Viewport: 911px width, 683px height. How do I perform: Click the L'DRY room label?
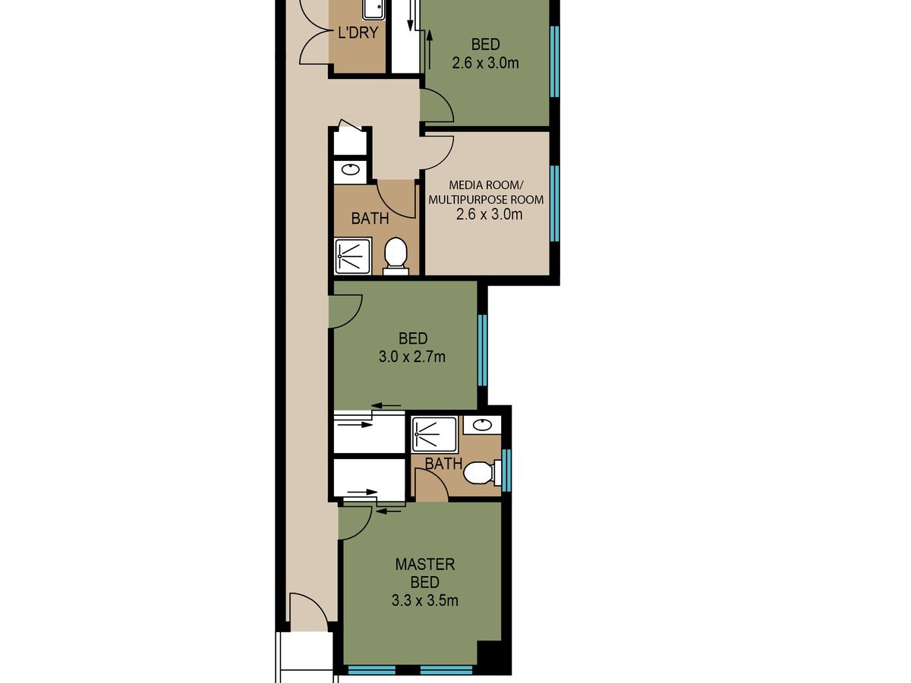tap(358, 33)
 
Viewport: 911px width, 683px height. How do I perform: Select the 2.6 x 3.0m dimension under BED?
tap(485, 63)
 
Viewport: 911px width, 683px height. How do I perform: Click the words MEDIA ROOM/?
tap(484, 184)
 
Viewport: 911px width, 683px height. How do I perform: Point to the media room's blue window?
tap(554, 203)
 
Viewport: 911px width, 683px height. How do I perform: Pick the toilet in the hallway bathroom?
tap(396, 256)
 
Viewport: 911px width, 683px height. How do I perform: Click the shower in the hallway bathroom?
tap(353, 257)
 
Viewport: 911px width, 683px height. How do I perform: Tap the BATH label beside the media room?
tap(370, 219)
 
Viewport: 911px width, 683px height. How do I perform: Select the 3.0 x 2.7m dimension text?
tap(411, 357)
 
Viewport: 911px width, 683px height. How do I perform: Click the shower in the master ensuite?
tap(434, 434)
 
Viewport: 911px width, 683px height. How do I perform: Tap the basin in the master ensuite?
tap(482, 425)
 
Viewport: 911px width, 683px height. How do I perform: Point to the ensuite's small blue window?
tap(506, 470)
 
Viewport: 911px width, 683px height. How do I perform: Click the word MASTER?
tap(425, 565)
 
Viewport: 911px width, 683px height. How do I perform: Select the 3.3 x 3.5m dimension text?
tap(424, 600)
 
